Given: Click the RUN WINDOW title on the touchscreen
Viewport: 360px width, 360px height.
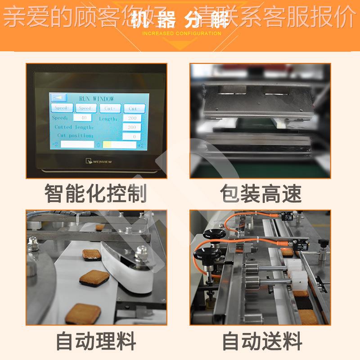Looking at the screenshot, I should pyautogui.click(x=96, y=99).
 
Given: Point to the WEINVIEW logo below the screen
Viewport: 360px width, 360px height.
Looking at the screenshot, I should pyautogui.click(x=97, y=160).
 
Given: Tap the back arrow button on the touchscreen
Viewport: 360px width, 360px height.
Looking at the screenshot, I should pyautogui.click(x=58, y=98).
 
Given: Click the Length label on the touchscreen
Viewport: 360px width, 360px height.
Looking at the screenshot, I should pyautogui.click(x=108, y=119).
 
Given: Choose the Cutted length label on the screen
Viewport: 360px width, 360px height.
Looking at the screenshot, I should pyautogui.click(x=74, y=127).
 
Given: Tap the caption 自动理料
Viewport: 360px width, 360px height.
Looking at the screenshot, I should pyautogui.click(x=96, y=341).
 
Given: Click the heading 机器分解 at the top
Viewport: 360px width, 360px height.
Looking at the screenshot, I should pyautogui.click(x=180, y=21).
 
